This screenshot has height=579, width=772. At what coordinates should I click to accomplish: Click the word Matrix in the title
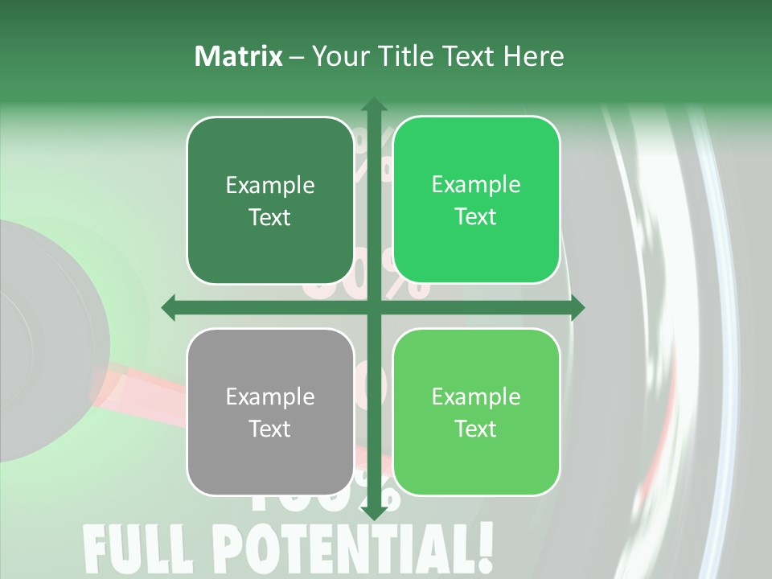239,56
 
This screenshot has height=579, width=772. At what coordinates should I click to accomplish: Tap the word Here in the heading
534,56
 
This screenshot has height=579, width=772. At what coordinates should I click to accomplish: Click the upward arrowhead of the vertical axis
373,105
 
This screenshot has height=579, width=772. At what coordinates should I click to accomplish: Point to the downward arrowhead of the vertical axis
373,513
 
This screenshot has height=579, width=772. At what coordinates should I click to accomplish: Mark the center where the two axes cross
373,307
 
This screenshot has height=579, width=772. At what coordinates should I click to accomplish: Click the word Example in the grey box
270,396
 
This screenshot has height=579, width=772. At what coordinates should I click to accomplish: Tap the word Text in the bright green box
476,216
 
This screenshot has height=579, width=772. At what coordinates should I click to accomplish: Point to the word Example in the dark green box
270,185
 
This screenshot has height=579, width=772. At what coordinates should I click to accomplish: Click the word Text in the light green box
476,429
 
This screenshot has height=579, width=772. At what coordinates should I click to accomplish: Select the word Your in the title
337,56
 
